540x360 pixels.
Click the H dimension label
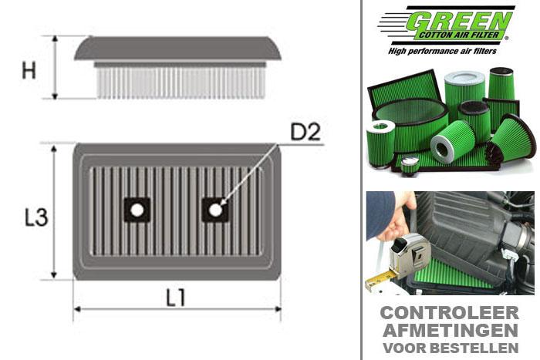point(29,70)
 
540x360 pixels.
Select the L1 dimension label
point(176,297)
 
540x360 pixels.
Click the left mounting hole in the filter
point(137,210)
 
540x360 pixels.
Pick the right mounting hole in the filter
point(214,210)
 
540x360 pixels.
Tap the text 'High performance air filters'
point(448,50)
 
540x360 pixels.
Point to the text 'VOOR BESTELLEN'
point(450,347)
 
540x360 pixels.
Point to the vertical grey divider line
point(361,180)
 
